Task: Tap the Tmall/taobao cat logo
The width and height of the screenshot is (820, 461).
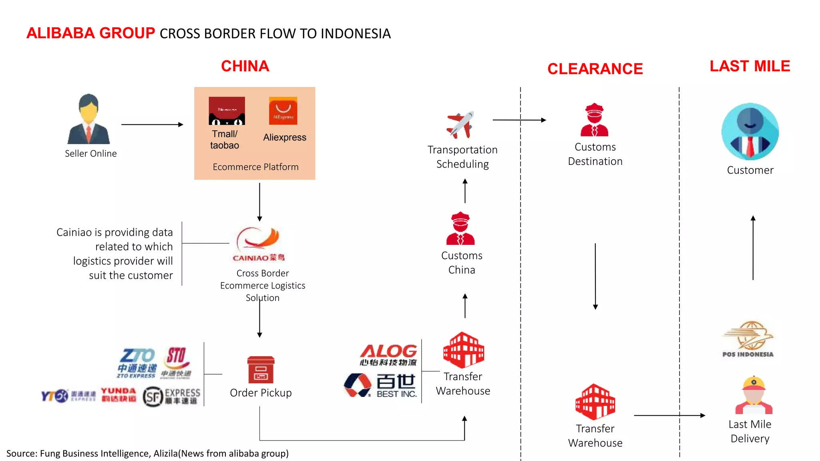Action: [227, 111]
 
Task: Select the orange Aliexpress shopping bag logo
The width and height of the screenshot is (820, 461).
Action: [283, 111]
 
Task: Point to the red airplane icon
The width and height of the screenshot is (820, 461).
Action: [460, 124]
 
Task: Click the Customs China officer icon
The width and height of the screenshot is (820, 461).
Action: [460, 228]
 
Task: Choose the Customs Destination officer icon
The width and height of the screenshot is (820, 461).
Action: [594, 120]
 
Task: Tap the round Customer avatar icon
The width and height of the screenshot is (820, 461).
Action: [750, 132]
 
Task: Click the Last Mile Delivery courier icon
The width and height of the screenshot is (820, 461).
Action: [754, 395]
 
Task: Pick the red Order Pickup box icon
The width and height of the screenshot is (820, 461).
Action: [261, 370]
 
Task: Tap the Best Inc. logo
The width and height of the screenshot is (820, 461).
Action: [380, 385]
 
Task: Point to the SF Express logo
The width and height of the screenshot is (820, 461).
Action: [171, 396]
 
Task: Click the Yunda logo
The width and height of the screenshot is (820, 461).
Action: [119, 395]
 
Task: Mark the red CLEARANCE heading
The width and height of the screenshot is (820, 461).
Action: [595, 69]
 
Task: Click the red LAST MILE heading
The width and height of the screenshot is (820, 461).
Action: [750, 66]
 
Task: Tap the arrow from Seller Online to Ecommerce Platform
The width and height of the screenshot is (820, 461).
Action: [152, 124]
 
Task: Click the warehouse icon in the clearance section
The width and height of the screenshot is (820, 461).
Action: [595, 401]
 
